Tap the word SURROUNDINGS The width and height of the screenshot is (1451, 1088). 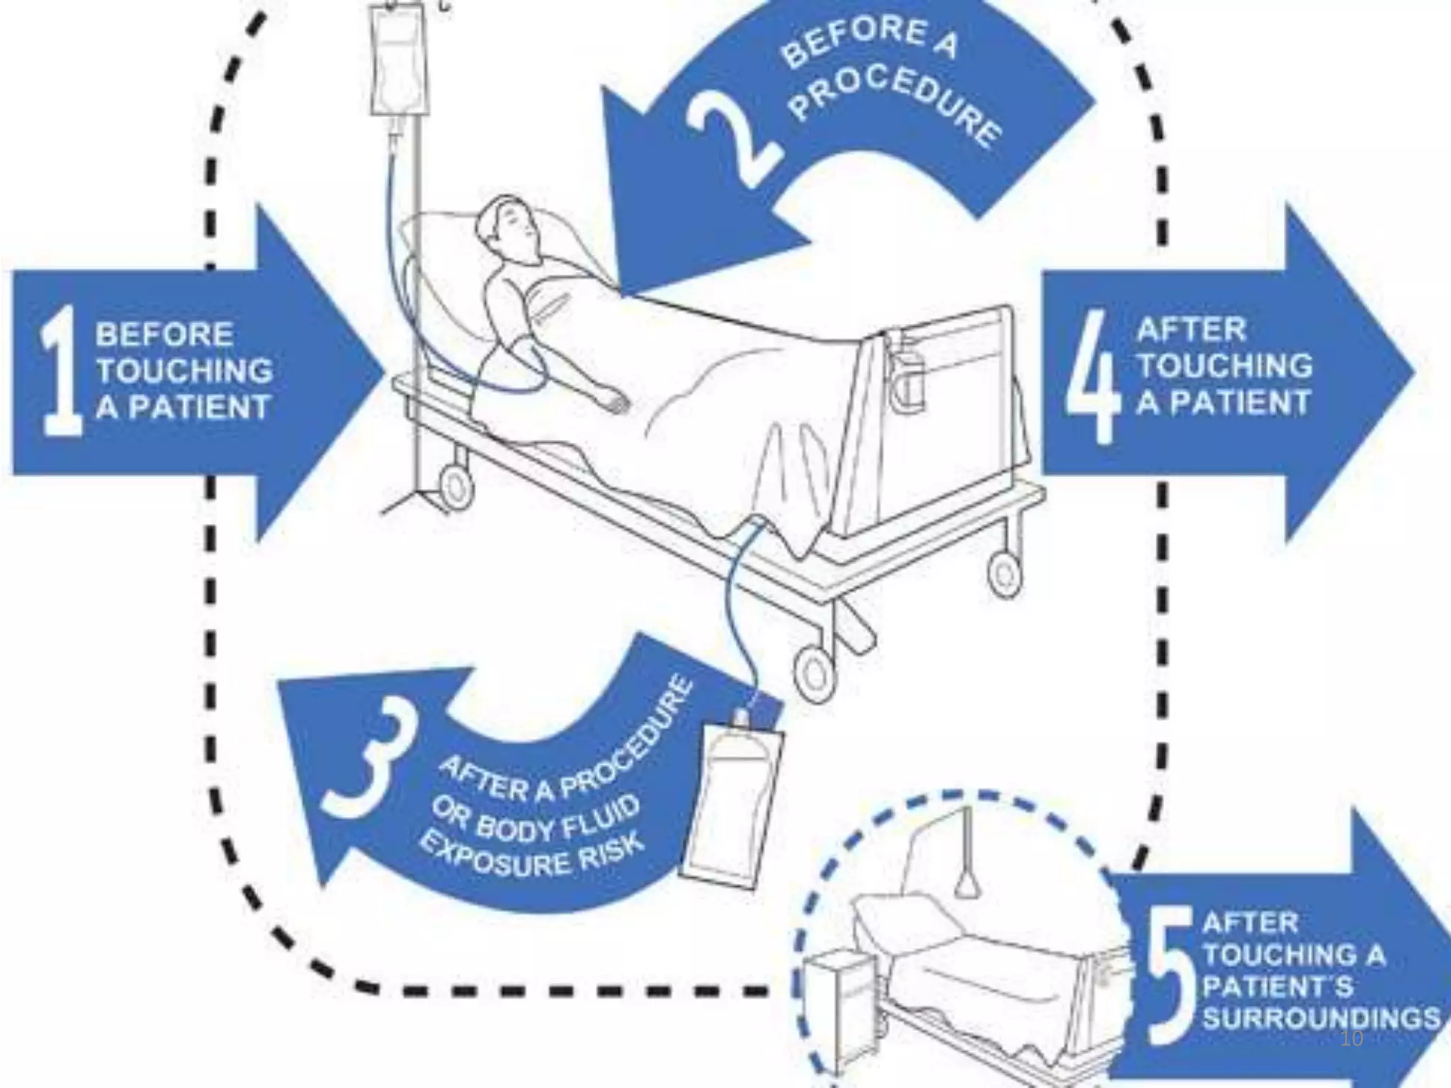(1321, 1018)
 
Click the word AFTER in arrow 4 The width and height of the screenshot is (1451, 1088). (1191, 329)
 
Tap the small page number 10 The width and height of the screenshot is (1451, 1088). (1352, 1038)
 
